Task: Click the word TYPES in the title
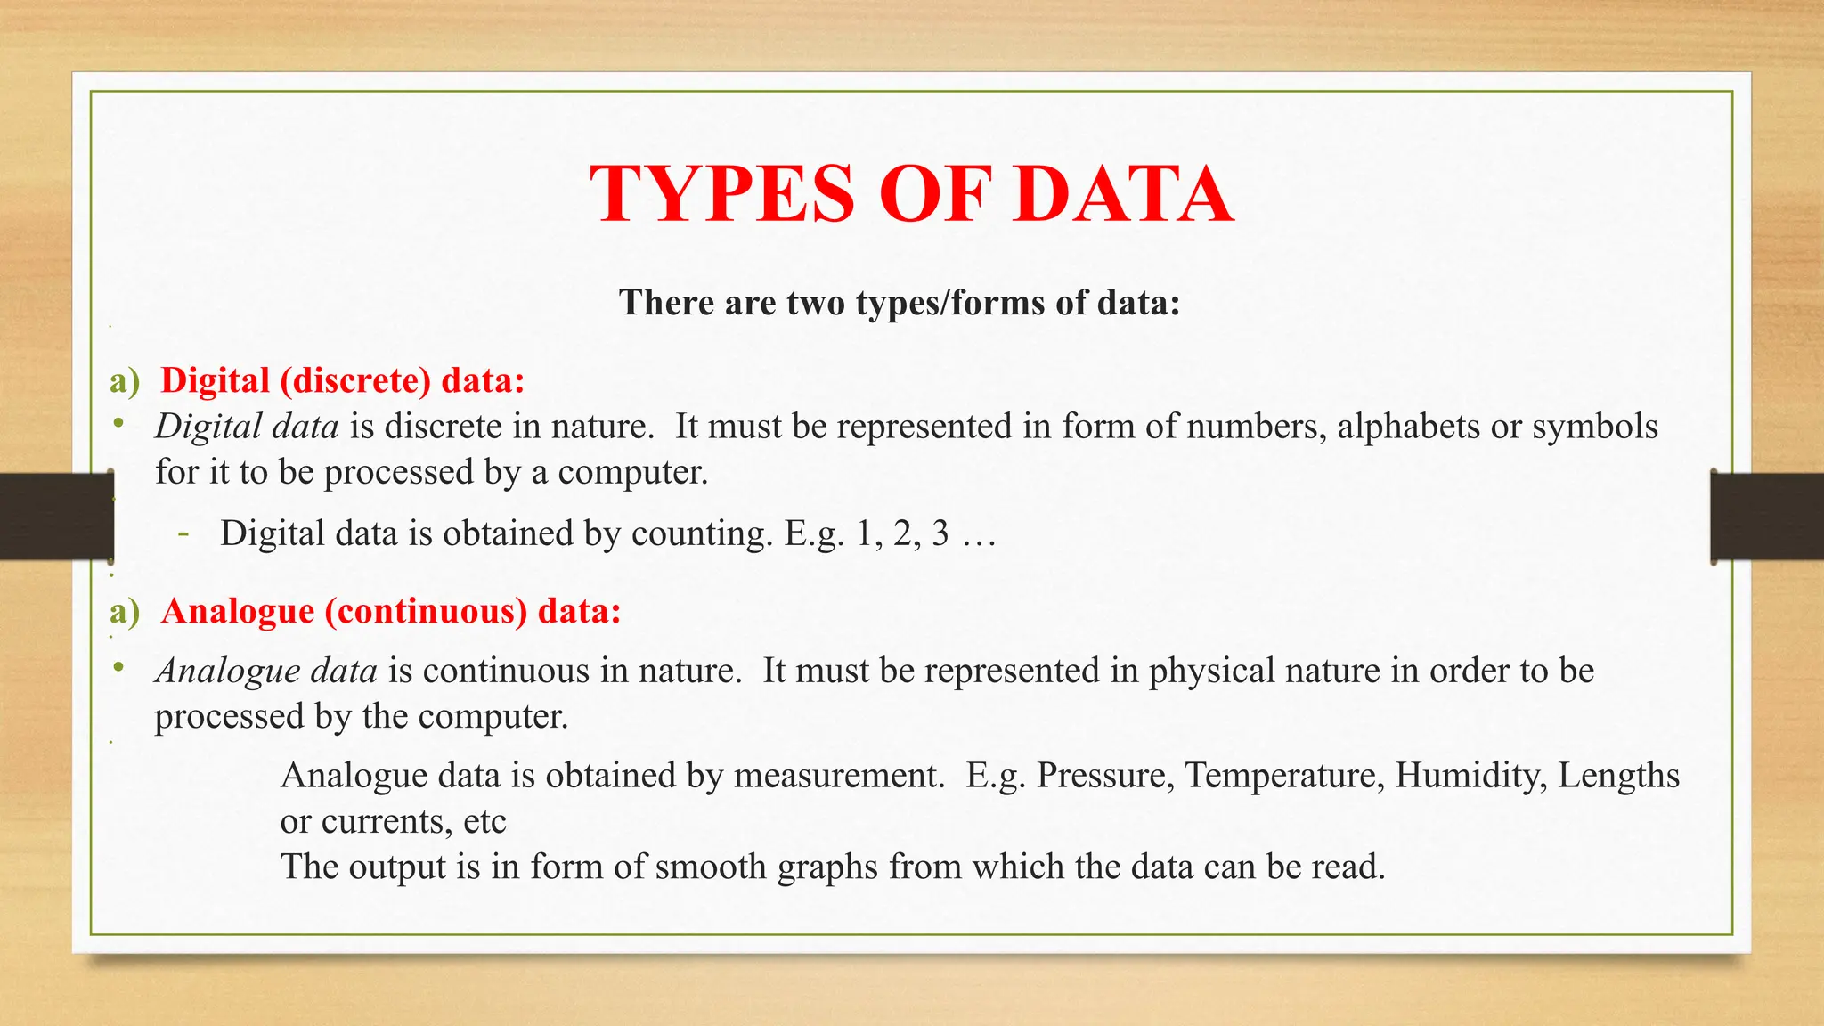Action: [x=722, y=194]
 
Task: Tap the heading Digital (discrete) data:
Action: [x=343, y=380]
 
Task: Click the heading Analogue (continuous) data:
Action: [x=391, y=612]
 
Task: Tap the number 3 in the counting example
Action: [x=940, y=533]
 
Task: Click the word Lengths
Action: [x=1618, y=776]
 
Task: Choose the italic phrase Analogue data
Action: [x=266, y=671]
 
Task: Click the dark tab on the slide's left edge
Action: [x=56, y=517]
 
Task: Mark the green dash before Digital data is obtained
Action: [x=183, y=534]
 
